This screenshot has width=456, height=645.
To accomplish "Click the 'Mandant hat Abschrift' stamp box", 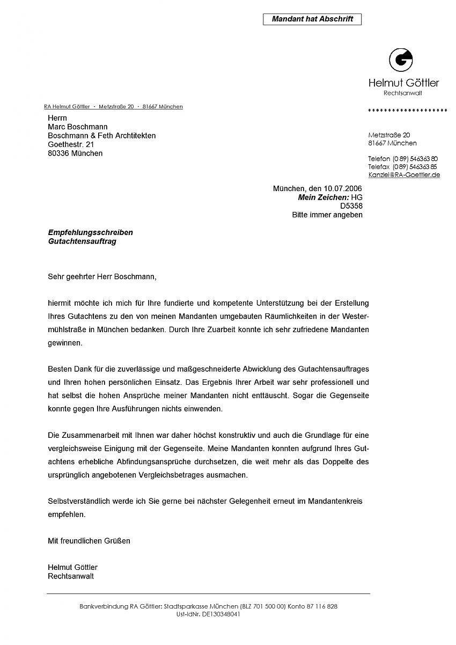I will pos(312,19).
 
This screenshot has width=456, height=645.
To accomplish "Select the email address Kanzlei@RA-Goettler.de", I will pos(404,175).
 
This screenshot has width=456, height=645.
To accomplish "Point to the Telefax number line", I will pos(402,167).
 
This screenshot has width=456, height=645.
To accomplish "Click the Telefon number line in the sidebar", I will pos(402,159).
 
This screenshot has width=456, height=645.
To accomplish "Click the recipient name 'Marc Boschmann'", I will pos(77,127).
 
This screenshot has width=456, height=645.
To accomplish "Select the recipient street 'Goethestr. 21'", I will pos(71,144).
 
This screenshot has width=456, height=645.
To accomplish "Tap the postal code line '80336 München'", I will pos(75,153).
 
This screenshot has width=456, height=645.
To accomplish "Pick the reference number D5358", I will pos(351,206).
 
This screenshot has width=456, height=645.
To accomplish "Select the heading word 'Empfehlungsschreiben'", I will pos(90,232).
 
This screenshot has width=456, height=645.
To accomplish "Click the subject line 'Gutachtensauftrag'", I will pos(82,241).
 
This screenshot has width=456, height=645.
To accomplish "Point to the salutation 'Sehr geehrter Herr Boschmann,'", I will pos(102,277).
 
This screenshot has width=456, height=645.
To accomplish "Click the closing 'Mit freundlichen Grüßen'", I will pos(89,541).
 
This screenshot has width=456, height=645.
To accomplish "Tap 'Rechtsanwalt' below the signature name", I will pos(71,576).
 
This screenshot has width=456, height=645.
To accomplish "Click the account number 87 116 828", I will pos(321,606).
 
